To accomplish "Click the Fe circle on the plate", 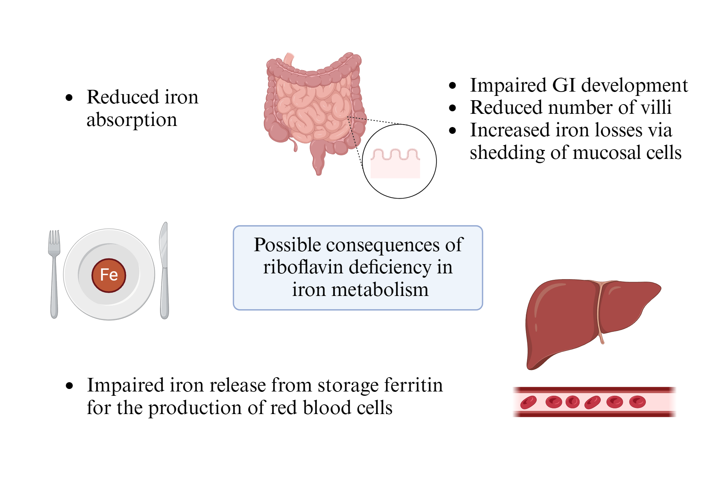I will point(109,275).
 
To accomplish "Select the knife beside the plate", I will point(164,272).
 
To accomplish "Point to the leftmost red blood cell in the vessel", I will point(528,402).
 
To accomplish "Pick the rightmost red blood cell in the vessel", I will point(637,402).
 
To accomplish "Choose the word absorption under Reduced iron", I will point(132,120).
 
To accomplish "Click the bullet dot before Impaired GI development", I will point(453,86).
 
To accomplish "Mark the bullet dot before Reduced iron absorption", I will point(69,97).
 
